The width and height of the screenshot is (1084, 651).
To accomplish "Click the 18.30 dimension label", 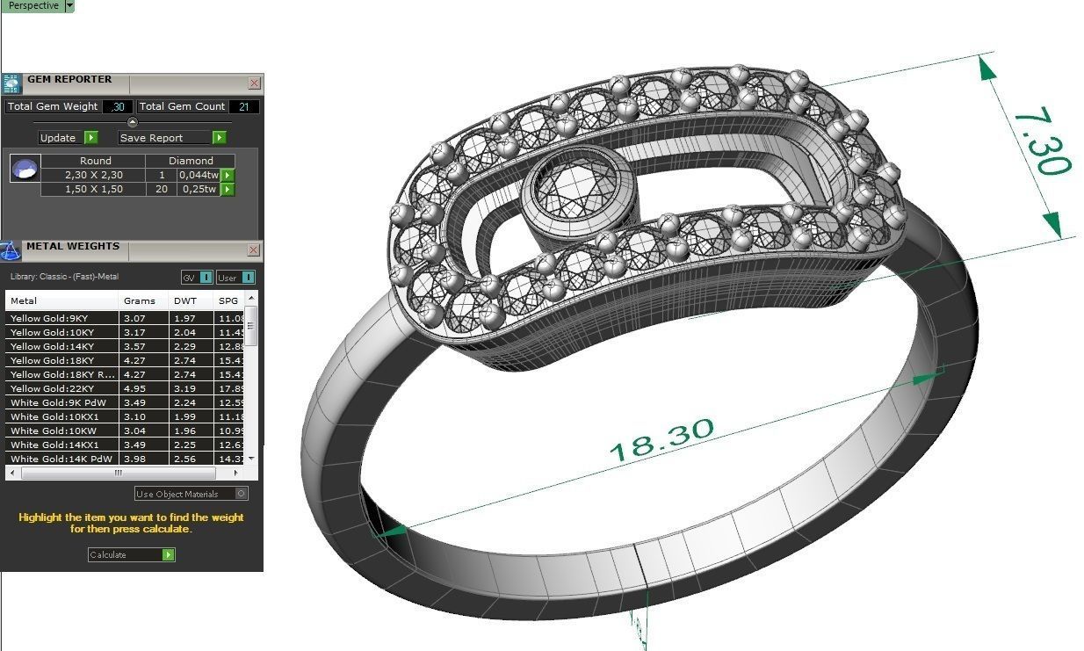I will [661, 439].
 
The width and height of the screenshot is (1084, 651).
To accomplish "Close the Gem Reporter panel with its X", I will [254, 83].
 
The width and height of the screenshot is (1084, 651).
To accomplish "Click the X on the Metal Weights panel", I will [254, 250].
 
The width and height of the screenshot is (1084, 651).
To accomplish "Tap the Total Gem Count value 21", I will [243, 106].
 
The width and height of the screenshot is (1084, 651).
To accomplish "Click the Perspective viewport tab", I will [33, 6].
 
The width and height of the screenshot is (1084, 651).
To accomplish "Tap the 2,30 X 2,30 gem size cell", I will [93, 175].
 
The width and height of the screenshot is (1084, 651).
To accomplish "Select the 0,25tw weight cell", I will [198, 189].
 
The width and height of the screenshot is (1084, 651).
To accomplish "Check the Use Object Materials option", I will [242, 494].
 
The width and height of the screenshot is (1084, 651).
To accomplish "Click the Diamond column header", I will [191, 161].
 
